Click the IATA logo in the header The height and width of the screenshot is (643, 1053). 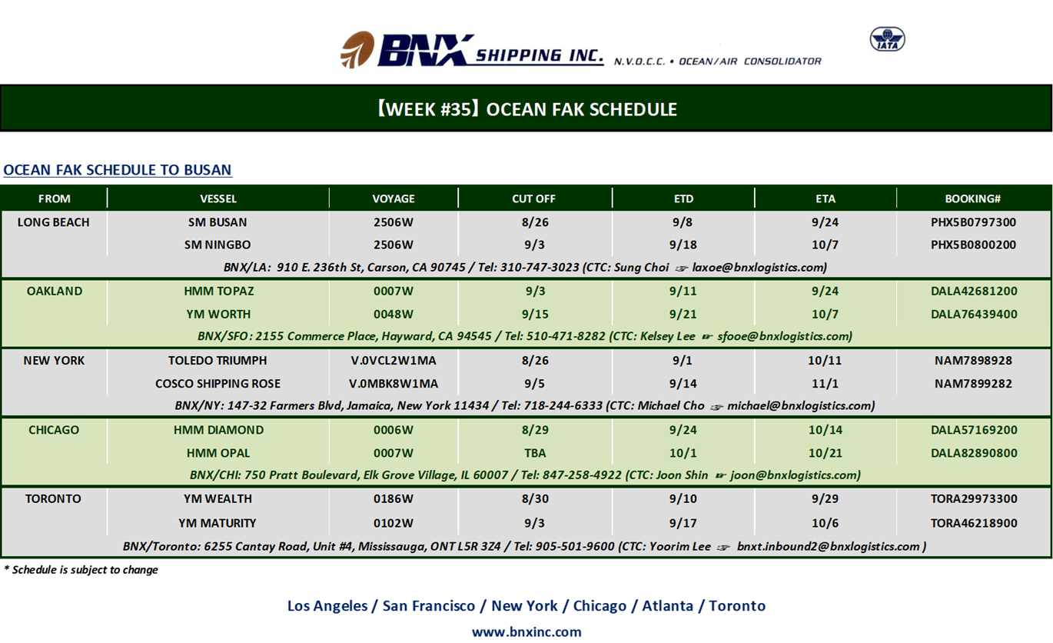point(887,39)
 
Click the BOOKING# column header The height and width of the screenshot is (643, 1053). point(972,198)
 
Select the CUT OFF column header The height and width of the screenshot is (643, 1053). point(533,198)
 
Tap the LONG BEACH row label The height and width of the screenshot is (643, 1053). point(54,222)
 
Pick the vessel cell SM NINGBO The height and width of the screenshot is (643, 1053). point(218,245)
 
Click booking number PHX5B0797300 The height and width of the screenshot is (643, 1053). point(973,222)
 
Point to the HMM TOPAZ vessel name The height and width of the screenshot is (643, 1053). point(219,292)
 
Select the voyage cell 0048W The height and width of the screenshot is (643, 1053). point(394,314)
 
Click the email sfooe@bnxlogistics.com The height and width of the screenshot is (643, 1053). point(785,336)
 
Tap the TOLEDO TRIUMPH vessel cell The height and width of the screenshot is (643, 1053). point(218,360)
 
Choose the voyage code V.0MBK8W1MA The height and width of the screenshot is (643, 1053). point(394,383)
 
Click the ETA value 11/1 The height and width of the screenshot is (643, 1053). point(825,383)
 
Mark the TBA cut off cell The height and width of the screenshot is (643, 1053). point(535,453)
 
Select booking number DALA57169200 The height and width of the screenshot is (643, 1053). point(974,430)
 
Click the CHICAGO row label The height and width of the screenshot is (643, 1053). point(54,430)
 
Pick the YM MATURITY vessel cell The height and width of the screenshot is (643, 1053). point(218,523)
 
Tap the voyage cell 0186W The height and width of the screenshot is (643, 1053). point(394,498)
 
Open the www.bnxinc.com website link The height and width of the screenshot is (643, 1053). point(526,631)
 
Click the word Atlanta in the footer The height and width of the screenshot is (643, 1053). point(667,605)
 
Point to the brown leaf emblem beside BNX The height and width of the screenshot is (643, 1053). point(357,49)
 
